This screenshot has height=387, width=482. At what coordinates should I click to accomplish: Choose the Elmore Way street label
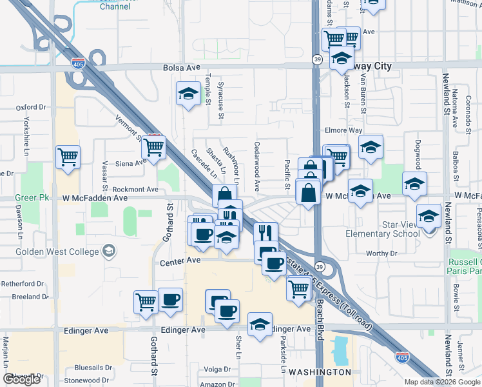click(343, 130)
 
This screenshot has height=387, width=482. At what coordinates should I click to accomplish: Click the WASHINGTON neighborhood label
click(320, 373)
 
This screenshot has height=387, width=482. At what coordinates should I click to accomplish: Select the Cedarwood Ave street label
click(257, 166)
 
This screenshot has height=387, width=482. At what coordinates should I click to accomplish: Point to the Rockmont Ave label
click(135, 190)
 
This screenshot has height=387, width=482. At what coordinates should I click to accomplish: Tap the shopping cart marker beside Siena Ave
click(153, 147)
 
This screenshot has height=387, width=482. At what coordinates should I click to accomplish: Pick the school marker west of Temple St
click(188, 94)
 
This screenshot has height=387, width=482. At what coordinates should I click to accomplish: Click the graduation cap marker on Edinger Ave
click(260, 324)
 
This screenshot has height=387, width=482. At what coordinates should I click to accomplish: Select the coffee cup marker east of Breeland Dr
click(170, 300)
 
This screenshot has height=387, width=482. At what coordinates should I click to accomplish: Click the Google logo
click(21, 379)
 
